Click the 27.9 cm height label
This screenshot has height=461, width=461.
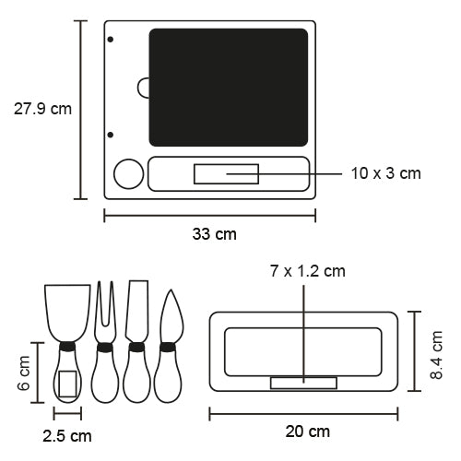pos(42,109)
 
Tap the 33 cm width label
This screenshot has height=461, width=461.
pos(215,234)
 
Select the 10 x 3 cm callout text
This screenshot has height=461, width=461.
pos(386,173)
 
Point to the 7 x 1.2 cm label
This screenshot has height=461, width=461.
pos(308,271)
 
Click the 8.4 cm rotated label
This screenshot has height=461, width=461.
pos(436,355)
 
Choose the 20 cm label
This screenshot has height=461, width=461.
pos(308,431)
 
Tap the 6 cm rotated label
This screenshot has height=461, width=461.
pos(24,373)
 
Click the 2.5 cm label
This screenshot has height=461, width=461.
pos(67,436)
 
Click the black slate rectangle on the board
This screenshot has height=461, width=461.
pos(229,88)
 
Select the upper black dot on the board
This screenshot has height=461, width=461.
pos(111,40)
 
